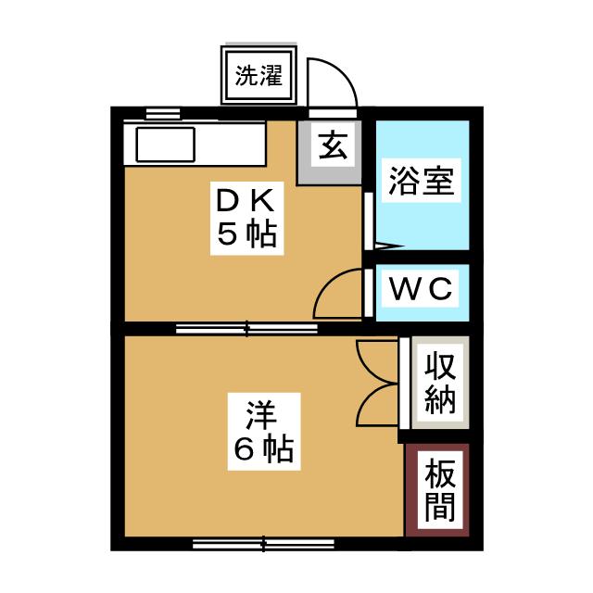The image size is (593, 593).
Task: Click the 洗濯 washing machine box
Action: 259,76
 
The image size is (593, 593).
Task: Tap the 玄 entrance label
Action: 333,145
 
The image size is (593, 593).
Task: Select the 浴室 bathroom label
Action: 422,181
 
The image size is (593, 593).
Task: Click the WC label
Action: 421,288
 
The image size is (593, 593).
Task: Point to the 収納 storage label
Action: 440,383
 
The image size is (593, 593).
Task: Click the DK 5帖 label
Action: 246,218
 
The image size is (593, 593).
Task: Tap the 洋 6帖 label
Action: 263,432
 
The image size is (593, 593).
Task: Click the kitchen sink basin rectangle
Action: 166,145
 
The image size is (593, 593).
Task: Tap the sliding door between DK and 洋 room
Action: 246,329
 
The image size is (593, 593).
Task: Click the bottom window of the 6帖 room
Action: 263,544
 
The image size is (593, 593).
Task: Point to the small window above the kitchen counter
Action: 163,113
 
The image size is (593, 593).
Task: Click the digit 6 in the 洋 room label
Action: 245,448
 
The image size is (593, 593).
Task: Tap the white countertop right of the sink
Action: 230,145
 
